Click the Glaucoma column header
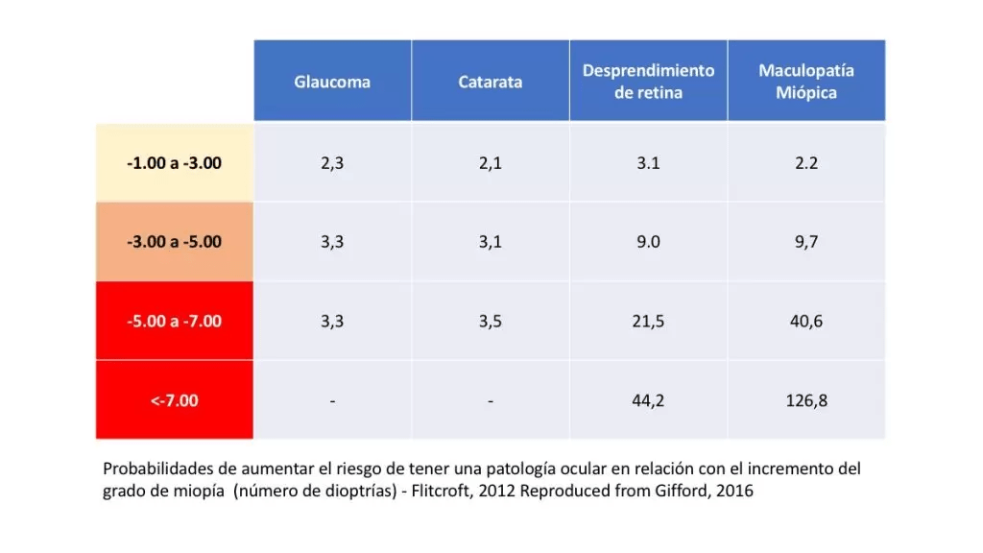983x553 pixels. [x=332, y=82]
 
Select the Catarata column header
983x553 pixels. [x=491, y=82]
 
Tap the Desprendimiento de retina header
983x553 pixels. [x=648, y=82]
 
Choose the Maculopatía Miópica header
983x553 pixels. [x=806, y=82]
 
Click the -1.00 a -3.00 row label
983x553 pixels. [x=174, y=162]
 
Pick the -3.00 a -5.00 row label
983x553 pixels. [x=174, y=241]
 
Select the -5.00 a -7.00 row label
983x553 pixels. [x=174, y=321]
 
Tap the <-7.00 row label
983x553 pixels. [x=174, y=399]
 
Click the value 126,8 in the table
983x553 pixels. [x=806, y=400]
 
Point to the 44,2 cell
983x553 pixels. [x=648, y=400]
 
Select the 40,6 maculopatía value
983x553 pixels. [x=806, y=321]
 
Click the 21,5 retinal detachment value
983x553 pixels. [x=648, y=321]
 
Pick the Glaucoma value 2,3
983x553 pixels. [x=332, y=162]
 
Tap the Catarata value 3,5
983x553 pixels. [x=491, y=321]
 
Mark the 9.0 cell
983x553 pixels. [x=648, y=242]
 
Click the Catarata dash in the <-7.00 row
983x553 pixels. [x=491, y=400]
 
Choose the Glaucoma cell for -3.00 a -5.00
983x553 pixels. [x=332, y=242]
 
